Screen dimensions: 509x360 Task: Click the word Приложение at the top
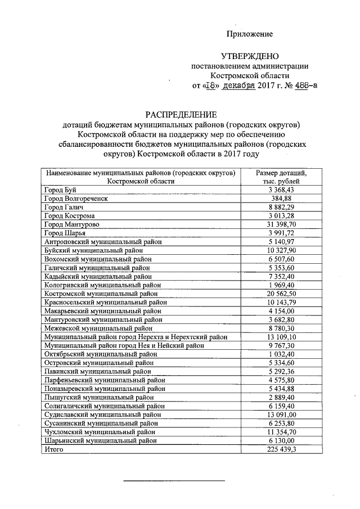click(249, 34)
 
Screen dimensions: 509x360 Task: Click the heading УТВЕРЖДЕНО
click(249, 56)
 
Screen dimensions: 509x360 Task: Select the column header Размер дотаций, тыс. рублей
click(281, 177)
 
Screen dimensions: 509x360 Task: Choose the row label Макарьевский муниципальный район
click(103, 311)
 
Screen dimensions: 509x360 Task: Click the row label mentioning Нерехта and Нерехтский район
click(136, 337)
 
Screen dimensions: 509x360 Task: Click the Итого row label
click(55, 449)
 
